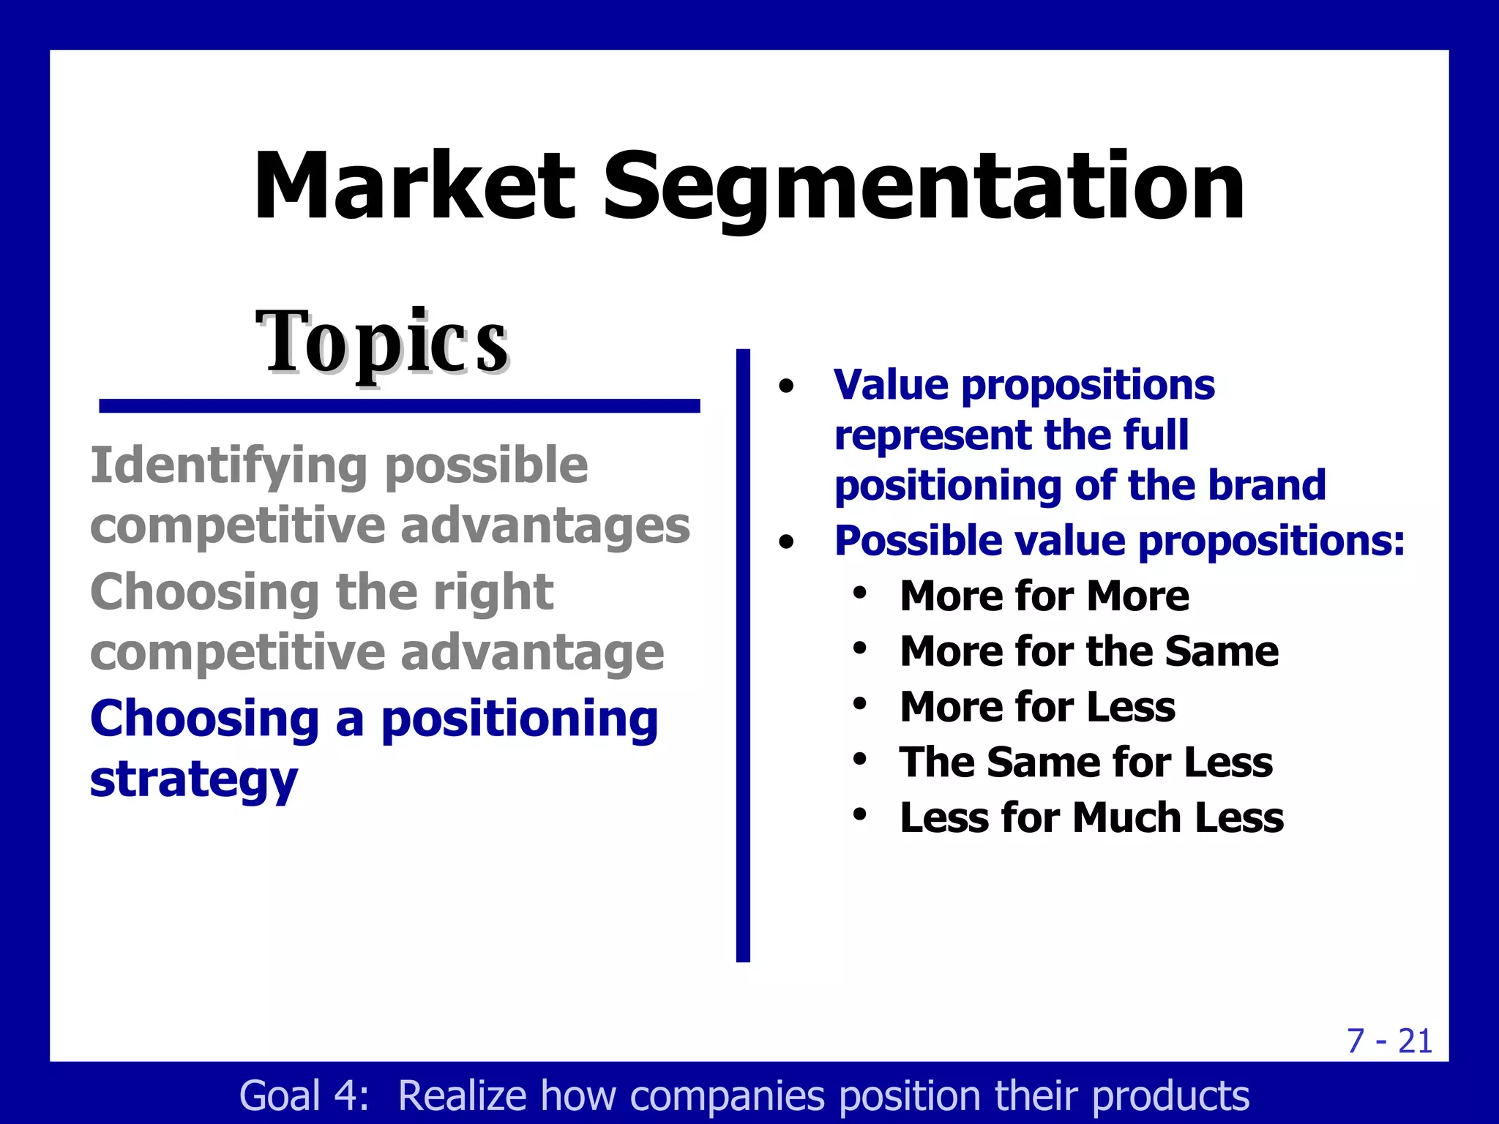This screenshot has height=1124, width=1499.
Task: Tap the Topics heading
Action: coord(382,342)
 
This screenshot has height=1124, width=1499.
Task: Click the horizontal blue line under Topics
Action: coord(399,406)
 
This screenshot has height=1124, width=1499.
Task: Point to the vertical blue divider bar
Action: coord(743,655)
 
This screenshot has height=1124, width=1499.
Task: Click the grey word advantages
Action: coord(545,526)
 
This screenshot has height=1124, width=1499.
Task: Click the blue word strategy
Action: coord(194,780)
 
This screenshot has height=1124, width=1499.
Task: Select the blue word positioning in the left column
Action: coord(520,719)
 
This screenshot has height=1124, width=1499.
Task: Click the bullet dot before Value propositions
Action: coord(786,387)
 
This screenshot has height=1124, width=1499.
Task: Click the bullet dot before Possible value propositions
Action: coord(786,543)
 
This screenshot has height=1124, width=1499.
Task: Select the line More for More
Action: coord(1044,596)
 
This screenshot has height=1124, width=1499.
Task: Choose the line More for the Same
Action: coord(1089,651)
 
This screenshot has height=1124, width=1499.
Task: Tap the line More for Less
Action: coord(1037,707)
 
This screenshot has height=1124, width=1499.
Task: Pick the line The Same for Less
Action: coord(1086,763)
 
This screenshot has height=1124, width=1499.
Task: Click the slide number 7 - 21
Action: coord(1388,1041)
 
